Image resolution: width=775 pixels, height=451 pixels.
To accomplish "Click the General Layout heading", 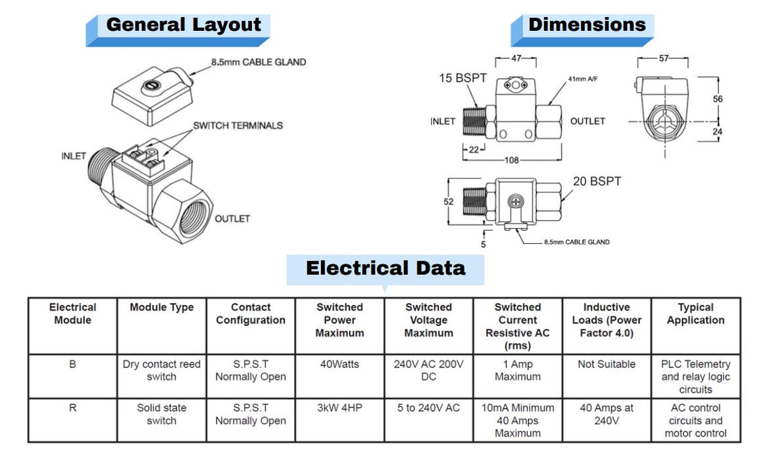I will [x=183, y=26].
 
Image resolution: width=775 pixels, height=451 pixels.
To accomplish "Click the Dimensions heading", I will [x=587, y=25].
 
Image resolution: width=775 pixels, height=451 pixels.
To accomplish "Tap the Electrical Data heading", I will [x=386, y=268].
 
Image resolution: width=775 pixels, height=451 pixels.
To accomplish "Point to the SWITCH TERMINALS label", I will [x=238, y=125].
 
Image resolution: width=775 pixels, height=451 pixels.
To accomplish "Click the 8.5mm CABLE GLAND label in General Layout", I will [x=259, y=62].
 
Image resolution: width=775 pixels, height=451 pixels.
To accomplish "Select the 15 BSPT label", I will [x=463, y=78].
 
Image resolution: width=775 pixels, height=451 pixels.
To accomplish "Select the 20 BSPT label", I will [x=597, y=181].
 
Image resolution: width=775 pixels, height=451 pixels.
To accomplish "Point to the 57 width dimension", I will [x=664, y=59].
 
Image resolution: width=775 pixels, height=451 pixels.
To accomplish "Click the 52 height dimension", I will [x=449, y=202].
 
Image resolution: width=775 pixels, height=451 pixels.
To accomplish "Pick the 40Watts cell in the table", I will [x=339, y=364].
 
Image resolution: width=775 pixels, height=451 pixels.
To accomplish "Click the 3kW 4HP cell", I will [x=339, y=408].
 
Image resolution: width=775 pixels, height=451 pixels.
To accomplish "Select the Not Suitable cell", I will [x=607, y=364].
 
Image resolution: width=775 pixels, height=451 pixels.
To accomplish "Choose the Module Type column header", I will [x=162, y=307].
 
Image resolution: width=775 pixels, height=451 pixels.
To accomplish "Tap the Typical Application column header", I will [x=695, y=314].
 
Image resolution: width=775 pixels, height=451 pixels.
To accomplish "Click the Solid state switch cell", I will [x=162, y=414].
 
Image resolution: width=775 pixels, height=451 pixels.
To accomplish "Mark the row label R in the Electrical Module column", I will [x=72, y=408].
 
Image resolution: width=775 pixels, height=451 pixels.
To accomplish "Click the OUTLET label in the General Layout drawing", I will [x=232, y=218].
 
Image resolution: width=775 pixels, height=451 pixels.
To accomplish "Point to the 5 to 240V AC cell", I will [x=428, y=408].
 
